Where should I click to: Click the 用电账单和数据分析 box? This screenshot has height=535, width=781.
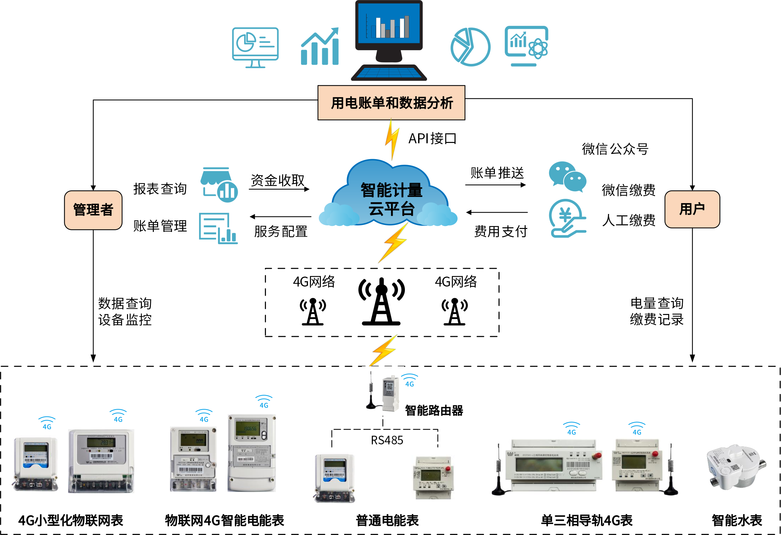pos(391,103)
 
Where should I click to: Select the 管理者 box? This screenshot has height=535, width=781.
pos(93,210)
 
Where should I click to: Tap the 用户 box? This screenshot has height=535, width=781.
pos(692,209)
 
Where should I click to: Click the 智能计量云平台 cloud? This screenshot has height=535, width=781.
pos(391,198)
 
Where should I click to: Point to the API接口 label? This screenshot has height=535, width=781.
pos(432,138)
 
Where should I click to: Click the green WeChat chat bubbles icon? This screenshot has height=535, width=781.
pos(567,176)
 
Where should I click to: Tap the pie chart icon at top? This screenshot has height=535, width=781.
pos(470,47)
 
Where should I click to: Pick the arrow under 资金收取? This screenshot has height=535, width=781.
pos(279,190)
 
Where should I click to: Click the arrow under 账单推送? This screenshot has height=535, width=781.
pos(495,185)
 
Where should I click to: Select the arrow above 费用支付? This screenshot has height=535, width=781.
pos(497,212)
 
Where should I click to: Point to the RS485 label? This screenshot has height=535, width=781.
pos(387,440)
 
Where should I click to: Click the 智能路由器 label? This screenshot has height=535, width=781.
pos(434,410)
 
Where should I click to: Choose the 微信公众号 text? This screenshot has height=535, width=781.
pos(615,149)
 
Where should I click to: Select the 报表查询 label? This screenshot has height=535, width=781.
pos(160,189)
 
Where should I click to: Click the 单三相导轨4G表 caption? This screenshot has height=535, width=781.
pos(587,520)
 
